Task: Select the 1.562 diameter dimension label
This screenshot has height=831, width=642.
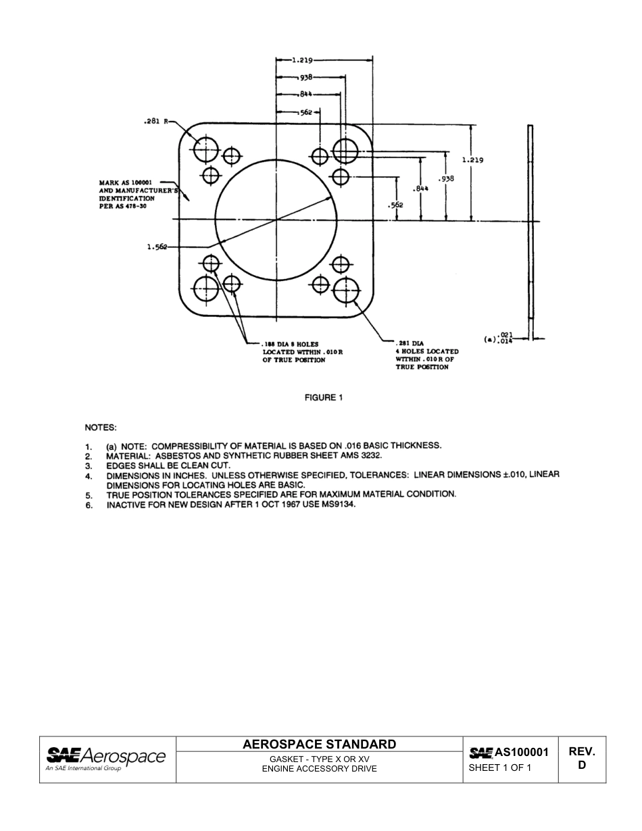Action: click(x=157, y=247)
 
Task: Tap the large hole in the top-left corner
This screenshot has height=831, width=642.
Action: click(x=206, y=149)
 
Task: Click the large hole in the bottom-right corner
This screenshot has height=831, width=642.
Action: click(x=345, y=288)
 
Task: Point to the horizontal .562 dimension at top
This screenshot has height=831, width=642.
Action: click(x=306, y=112)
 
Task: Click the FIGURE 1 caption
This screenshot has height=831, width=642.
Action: click(x=323, y=397)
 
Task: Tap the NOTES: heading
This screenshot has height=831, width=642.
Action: click(x=100, y=428)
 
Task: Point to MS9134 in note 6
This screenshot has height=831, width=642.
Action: click(x=335, y=505)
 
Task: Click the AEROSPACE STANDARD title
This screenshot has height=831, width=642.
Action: click(x=319, y=745)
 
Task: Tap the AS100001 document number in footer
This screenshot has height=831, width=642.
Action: click(x=520, y=752)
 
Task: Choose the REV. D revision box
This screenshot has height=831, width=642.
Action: click(x=581, y=759)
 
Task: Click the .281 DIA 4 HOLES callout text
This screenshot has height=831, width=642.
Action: click(x=426, y=355)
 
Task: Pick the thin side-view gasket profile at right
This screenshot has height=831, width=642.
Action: click(x=530, y=230)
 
